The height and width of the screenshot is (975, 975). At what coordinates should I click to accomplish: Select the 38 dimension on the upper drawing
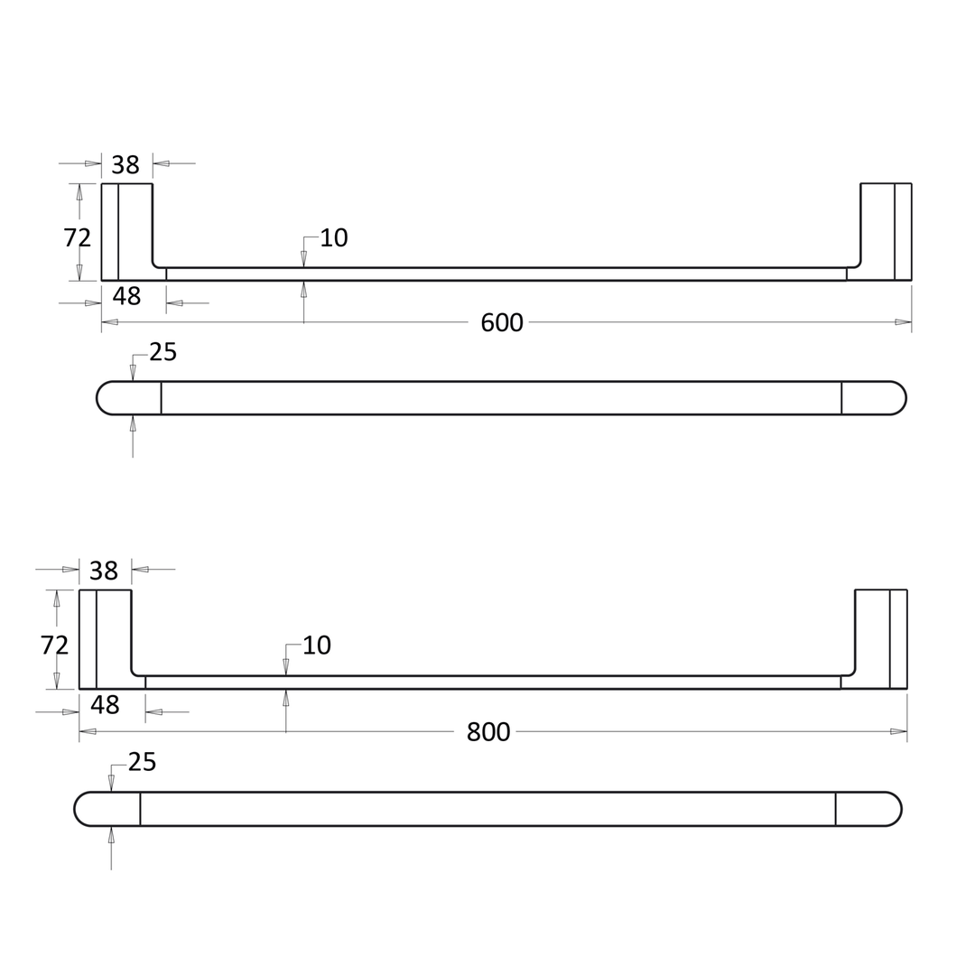125,165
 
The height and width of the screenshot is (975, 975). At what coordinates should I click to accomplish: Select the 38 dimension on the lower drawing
104,571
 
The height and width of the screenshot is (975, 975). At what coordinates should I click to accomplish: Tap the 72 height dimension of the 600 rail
78,237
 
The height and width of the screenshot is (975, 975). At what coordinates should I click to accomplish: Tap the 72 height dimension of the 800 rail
54,645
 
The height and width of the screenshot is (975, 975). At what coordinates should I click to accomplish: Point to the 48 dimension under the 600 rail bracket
126,296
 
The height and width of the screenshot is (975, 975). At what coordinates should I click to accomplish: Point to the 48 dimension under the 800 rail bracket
105,704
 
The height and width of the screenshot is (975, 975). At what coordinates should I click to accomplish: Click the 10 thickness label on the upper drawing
334,237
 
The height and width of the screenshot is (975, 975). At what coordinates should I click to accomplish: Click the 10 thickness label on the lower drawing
316,645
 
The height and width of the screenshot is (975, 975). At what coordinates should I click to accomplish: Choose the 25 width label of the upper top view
162,352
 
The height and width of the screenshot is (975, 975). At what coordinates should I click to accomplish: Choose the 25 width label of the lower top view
142,761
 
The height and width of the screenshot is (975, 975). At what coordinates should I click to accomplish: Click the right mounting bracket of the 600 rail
886,231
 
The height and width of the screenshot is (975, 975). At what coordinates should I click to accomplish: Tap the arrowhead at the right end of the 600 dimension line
903,321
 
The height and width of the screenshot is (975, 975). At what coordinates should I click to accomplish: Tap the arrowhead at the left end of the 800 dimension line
88,731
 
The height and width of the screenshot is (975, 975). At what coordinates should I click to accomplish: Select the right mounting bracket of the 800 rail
881,638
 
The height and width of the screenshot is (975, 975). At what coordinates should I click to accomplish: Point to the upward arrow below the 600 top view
133,423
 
